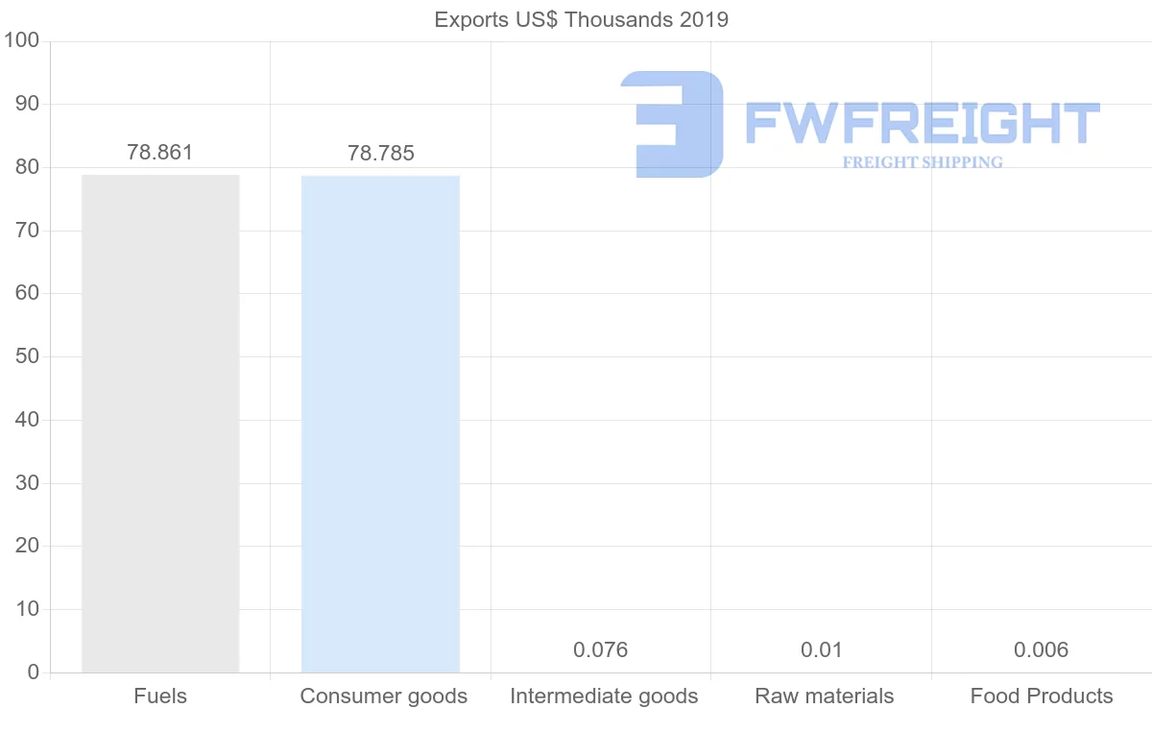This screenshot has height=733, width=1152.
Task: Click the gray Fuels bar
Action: pyautogui.click(x=160, y=423)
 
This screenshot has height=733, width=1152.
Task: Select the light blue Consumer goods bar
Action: pyautogui.click(x=380, y=423)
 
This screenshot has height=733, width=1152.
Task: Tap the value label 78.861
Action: pyautogui.click(x=160, y=153)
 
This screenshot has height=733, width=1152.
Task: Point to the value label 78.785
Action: pyautogui.click(x=381, y=154)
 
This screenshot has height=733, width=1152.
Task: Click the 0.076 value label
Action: pyautogui.click(x=601, y=650)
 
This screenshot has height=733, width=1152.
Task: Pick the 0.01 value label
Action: pyautogui.click(x=822, y=650)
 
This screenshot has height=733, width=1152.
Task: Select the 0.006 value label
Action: pyautogui.click(x=1041, y=650)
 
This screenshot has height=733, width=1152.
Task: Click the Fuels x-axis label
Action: pyautogui.click(x=160, y=696)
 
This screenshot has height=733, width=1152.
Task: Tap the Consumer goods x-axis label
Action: pyautogui.click(x=384, y=696)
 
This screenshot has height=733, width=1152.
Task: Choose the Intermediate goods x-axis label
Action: pyautogui.click(x=604, y=696)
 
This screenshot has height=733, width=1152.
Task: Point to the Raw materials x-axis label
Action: pyautogui.click(x=825, y=696)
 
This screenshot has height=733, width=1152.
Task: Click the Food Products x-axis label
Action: pyautogui.click(x=1042, y=696)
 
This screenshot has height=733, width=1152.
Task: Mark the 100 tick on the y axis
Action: pyautogui.click(x=20, y=41)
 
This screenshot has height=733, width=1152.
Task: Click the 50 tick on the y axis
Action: pyautogui.click(x=27, y=357)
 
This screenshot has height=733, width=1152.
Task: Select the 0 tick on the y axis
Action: pyautogui.click(x=34, y=672)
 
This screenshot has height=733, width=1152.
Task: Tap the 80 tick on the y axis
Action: pyautogui.click(x=27, y=167)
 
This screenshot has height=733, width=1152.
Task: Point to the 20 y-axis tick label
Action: pyautogui.click(x=27, y=547)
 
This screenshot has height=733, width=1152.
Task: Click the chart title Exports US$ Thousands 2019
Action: pyautogui.click(x=582, y=20)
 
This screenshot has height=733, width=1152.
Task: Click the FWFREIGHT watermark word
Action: pyautogui.click(x=922, y=123)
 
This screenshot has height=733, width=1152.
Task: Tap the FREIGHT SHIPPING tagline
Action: pyautogui.click(x=923, y=162)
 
